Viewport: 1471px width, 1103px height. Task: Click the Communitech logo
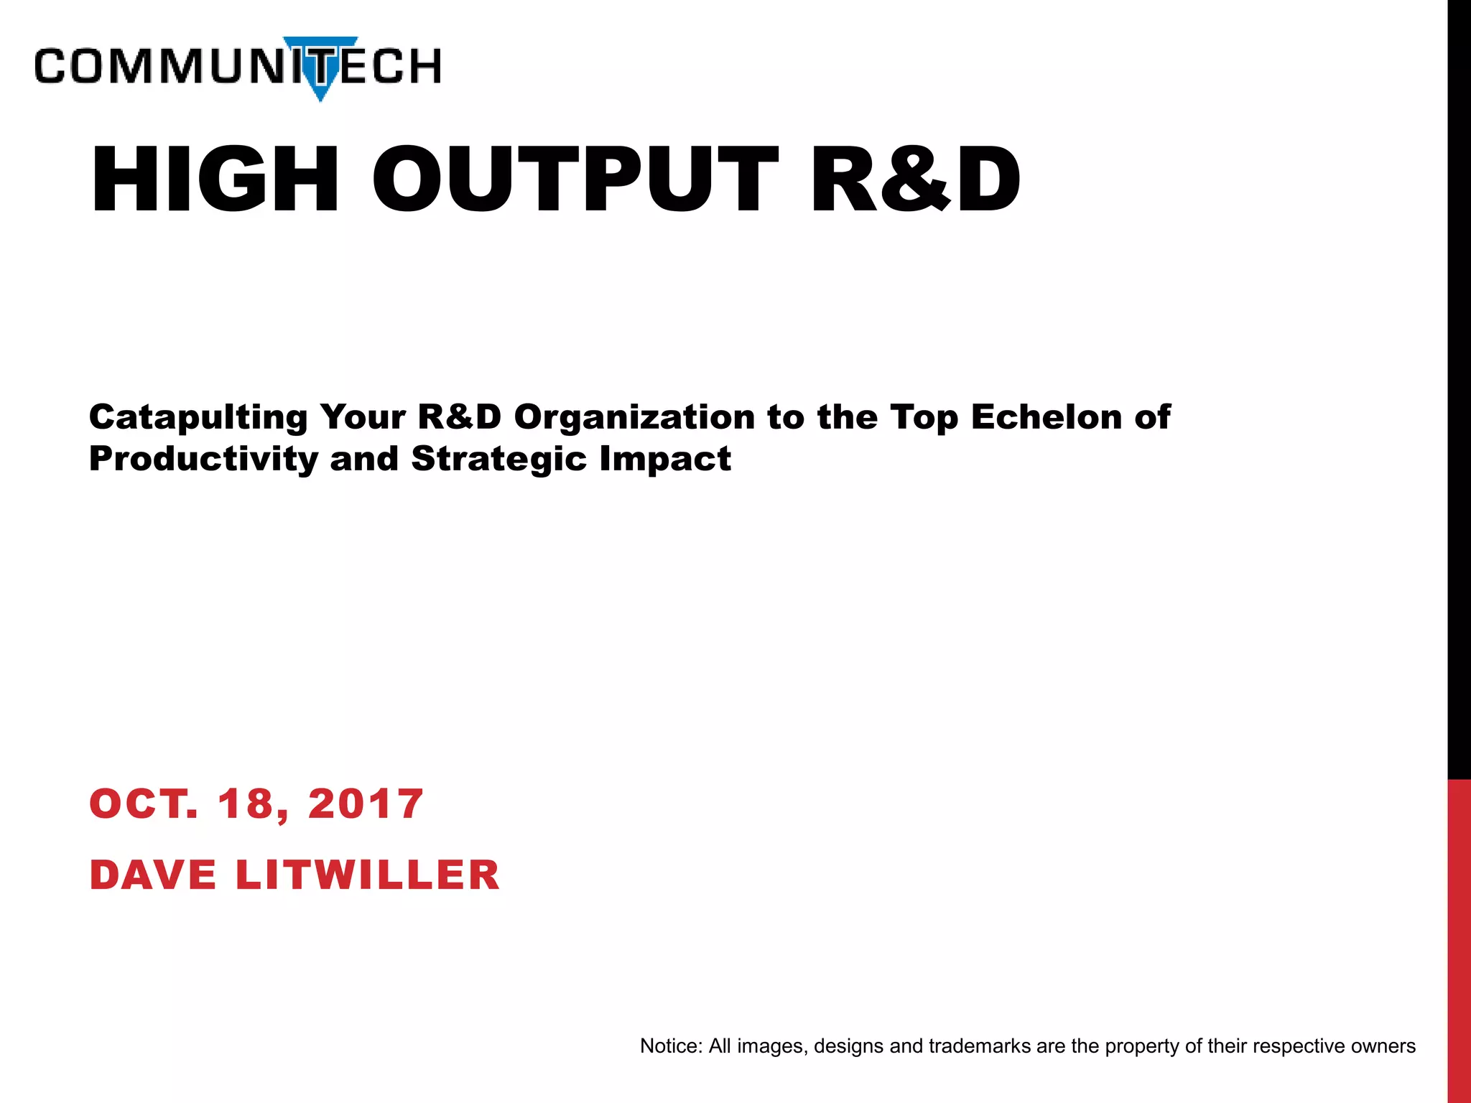point(237,67)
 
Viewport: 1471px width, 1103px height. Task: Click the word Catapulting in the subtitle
point(198,418)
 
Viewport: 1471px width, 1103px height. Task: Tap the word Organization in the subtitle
point(634,418)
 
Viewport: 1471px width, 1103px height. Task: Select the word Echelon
point(1047,418)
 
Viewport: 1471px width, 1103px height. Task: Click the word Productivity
point(203,460)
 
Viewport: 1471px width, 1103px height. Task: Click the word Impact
point(665,460)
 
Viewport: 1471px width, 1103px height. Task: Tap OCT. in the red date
point(143,804)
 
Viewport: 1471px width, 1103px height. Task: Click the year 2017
point(366,804)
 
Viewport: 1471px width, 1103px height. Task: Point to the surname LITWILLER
point(367,875)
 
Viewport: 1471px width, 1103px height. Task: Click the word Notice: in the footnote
point(671,1046)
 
